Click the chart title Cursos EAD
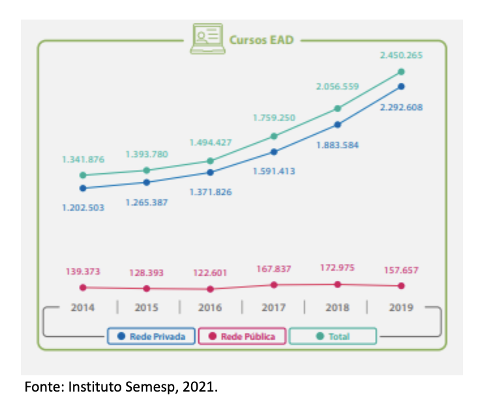tap(261, 40)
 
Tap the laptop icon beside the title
tap(207, 38)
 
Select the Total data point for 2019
tap(401, 72)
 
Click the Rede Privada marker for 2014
tap(83, 188)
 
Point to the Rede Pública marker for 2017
tap(274, 285)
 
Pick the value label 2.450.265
tap(401, 55)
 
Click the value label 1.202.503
tap(83, 207)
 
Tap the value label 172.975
tap(337, 267)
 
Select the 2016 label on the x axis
tap(210, 308)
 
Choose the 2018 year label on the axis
tap(337, 308)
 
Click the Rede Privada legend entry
tap(151, 336)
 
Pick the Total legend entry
tap(333, 336)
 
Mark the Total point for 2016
tap(210, 161)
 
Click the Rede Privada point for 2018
tap(337, 124)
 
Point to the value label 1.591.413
tap(274, 171)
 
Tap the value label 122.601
tap(210, 273)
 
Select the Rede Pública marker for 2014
tap(83, 287)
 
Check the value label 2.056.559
tap(337, 87)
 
